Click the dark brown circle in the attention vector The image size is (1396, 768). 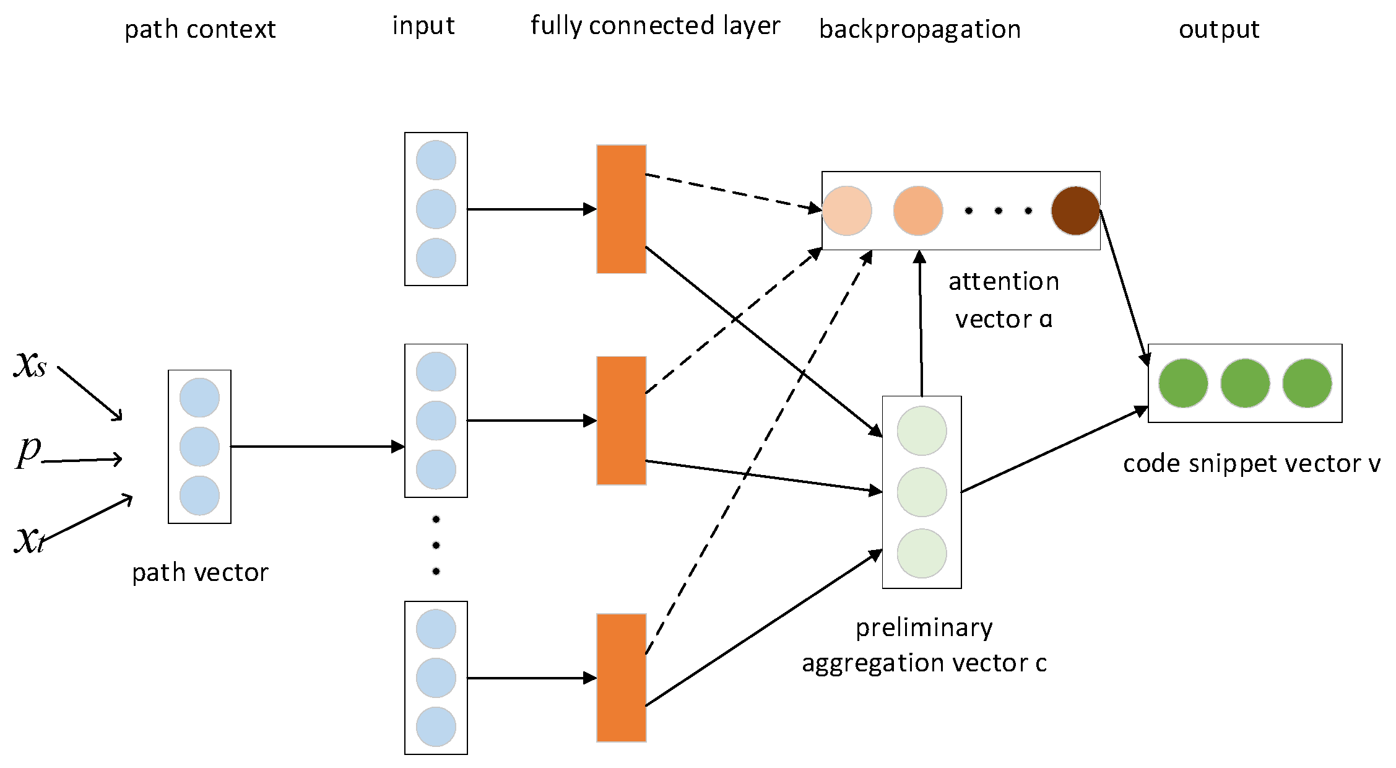coord(1075,211)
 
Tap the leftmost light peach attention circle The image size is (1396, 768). coord(847,211)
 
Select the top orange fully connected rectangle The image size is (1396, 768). coord(621,209)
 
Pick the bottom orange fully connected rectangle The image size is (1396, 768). coord(621,678)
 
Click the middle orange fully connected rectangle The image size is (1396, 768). coord(621,421)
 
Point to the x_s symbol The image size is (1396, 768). coord(30,364)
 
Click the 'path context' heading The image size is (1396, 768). coord(200,29)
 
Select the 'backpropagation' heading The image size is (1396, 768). coord(920,29)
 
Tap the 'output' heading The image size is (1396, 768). coord(1218,29)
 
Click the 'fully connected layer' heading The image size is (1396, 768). coord(655,26)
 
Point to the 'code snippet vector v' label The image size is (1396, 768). coord(1251,463)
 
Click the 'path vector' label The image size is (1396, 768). coord(200,572)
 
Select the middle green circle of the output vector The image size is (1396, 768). coord(1245,383)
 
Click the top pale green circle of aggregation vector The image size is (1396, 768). coord(922,431)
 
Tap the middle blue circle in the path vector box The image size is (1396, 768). coord(199,447)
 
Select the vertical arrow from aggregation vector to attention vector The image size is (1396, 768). coord(921,322)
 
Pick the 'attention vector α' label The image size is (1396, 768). coord(1004,300)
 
